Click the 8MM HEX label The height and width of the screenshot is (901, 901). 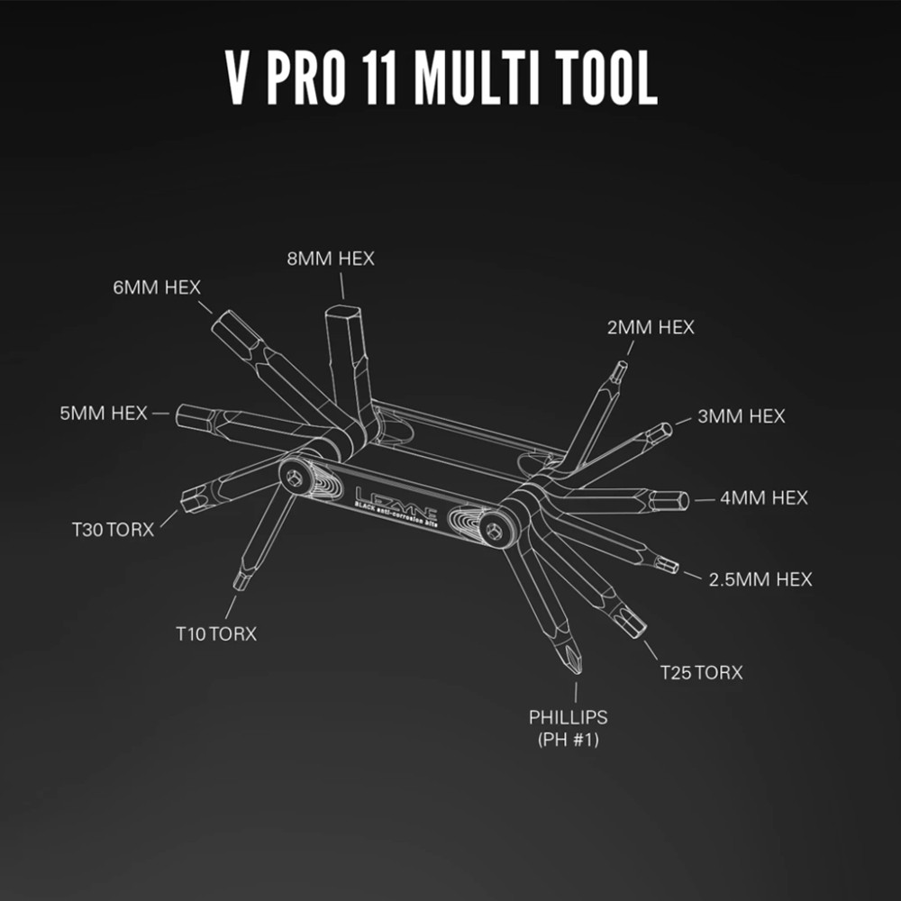coord(330,259)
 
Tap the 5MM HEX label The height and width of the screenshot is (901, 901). coord(103,414)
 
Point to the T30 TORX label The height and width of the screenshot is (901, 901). coord(114,529)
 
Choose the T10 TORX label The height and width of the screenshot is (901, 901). coord(216,634)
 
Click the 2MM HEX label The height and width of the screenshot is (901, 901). coord(651,327)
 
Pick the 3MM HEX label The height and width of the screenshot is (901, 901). coord(742,416)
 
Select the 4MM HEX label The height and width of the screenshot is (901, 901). coord(764,497)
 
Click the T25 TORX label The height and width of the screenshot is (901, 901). coord(701,672)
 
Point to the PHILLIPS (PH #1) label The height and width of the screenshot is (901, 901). coord(569,728)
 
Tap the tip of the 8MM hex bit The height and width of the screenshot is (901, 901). coord(343,311)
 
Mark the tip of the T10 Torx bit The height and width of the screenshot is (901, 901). coord(239,584)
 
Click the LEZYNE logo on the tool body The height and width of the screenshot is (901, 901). coord(394,497)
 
